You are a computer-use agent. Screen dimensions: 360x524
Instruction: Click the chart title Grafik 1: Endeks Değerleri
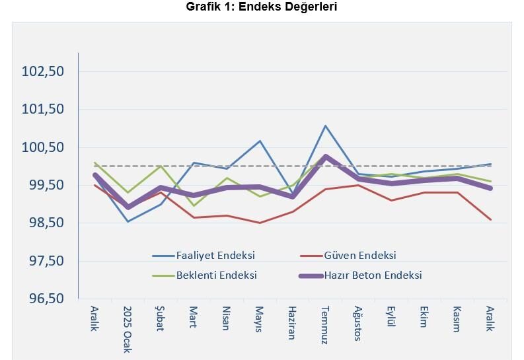click(x=262, y=7)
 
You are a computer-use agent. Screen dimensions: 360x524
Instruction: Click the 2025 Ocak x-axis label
click(x=128, y=329)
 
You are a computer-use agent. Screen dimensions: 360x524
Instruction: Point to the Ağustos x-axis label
click(x=358, y=323)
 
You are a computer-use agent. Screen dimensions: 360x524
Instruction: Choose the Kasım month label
click(x=457, y=319)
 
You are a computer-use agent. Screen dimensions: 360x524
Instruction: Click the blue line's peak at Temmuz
click(x=326, y=126)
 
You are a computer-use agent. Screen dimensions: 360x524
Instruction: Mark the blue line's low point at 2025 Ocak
click(x=128, y=221)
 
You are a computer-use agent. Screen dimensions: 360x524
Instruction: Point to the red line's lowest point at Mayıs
click(x=260, y=223)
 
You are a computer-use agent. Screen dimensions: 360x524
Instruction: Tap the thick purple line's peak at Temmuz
click(x=326, y=157)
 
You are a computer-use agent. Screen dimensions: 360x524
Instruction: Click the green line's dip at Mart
click(x=194, y=205)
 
